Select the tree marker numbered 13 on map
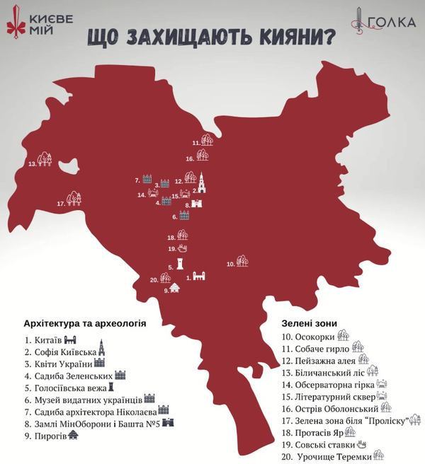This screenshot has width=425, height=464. pos(45,159)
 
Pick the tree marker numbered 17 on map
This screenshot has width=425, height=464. pos(73,199)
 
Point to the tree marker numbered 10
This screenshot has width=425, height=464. pos(242,261)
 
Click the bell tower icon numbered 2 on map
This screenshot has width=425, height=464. pos(202,183)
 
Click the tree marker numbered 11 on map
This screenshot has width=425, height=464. pos(207,140)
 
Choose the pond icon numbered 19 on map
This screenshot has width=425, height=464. pos(183,249)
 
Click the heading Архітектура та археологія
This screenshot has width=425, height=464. pos(84,323)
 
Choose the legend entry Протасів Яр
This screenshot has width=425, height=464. pos(317,431)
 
